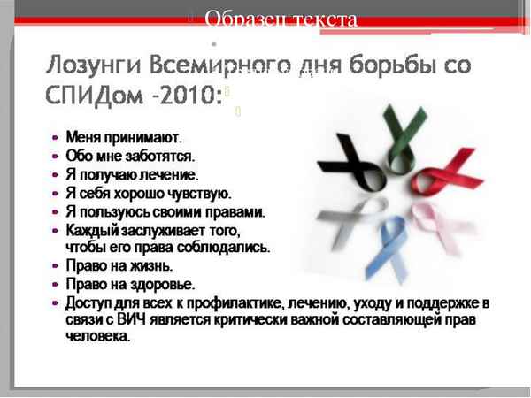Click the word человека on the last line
[x=96, y=336]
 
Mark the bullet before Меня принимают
[x=56, y=138]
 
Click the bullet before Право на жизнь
[x=56, y=265]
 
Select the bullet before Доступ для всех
[x=56, y=302]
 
